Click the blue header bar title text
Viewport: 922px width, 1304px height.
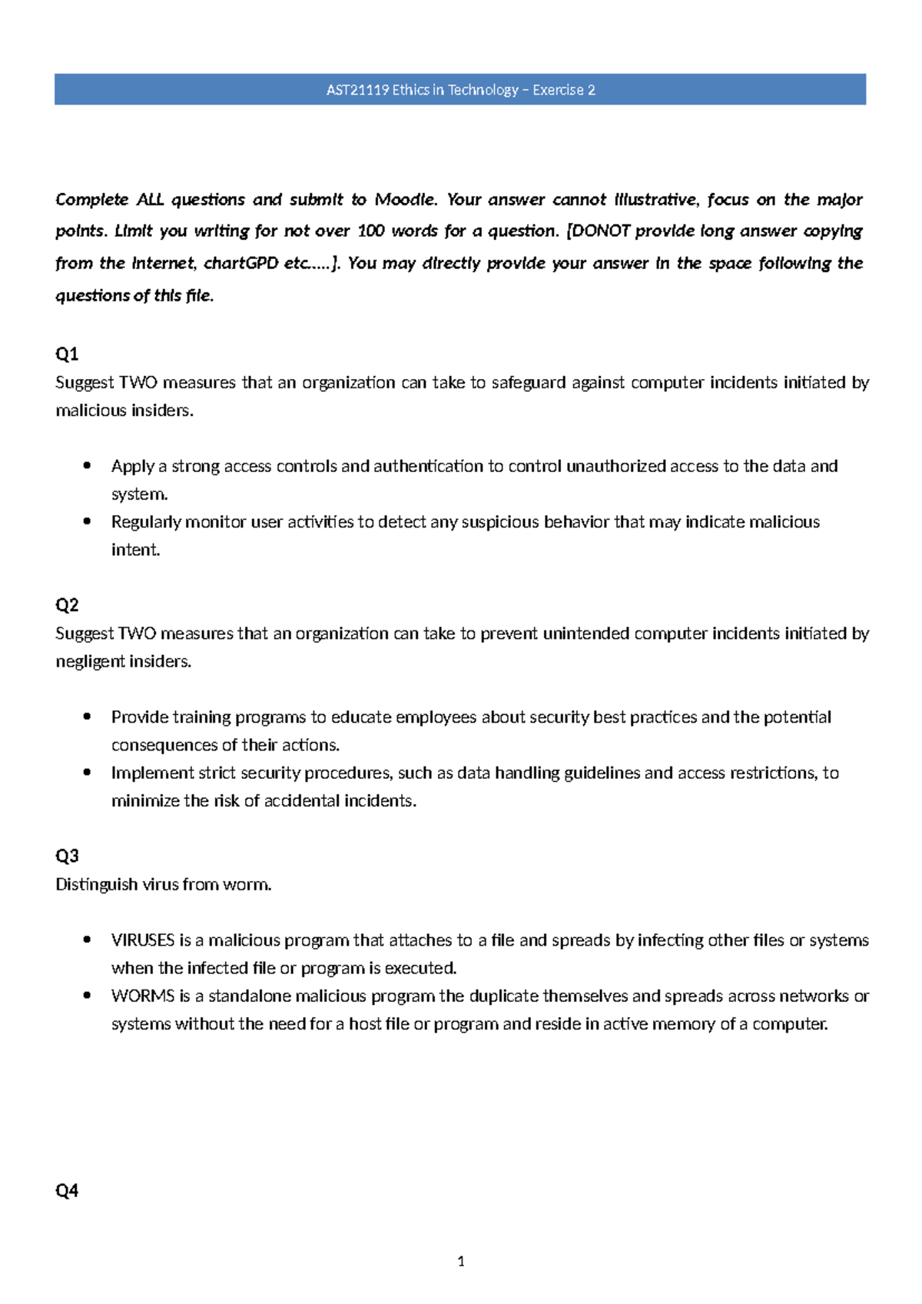tap(460, 90)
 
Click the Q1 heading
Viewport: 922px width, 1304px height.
tap(67, 354)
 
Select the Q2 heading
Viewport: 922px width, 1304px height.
tap(67, 605)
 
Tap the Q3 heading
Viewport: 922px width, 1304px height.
tap(67, 856)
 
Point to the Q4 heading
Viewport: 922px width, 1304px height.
tap(67, 1191)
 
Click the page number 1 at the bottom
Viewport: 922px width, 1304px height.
tap(460, 1261)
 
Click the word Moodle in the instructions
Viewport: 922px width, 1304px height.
tap(405, 200)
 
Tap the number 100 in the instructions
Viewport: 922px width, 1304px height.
tap(370, 231)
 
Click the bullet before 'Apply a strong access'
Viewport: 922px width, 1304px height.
tap(88, 466)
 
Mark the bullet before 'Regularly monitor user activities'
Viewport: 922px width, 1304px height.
tap(88, 522)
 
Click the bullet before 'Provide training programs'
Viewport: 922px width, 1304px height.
tap(88, 717)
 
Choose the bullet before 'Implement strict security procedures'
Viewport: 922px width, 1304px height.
tap(88, 773)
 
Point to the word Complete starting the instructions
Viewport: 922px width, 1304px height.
tap(91, 200)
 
